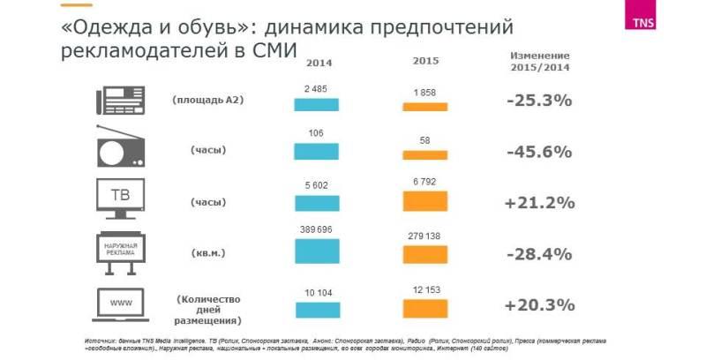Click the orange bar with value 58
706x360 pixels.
424,155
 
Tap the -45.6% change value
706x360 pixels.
539,151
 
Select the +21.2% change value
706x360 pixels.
539,203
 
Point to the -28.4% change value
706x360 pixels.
539,254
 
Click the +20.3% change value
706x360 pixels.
539,305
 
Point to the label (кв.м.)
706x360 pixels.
208,253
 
